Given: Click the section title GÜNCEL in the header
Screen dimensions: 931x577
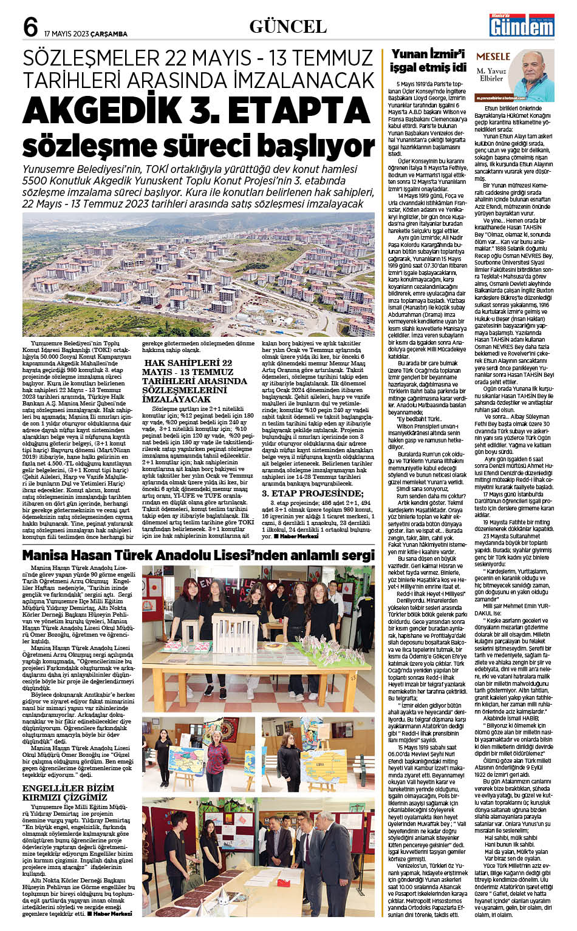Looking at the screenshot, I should click(288, 27).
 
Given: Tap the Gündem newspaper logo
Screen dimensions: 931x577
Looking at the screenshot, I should click(522, 26).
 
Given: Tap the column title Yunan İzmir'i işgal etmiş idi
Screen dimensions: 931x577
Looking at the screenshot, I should click(428, 61).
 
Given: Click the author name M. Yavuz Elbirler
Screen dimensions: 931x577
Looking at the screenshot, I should click(491, 75).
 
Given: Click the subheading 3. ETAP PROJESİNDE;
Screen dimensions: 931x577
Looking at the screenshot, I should click(312, 493).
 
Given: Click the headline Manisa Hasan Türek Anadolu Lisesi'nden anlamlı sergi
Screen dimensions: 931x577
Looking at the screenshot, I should click(198, 555).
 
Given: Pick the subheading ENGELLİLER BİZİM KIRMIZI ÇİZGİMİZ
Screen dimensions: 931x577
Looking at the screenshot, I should click(67, 793).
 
